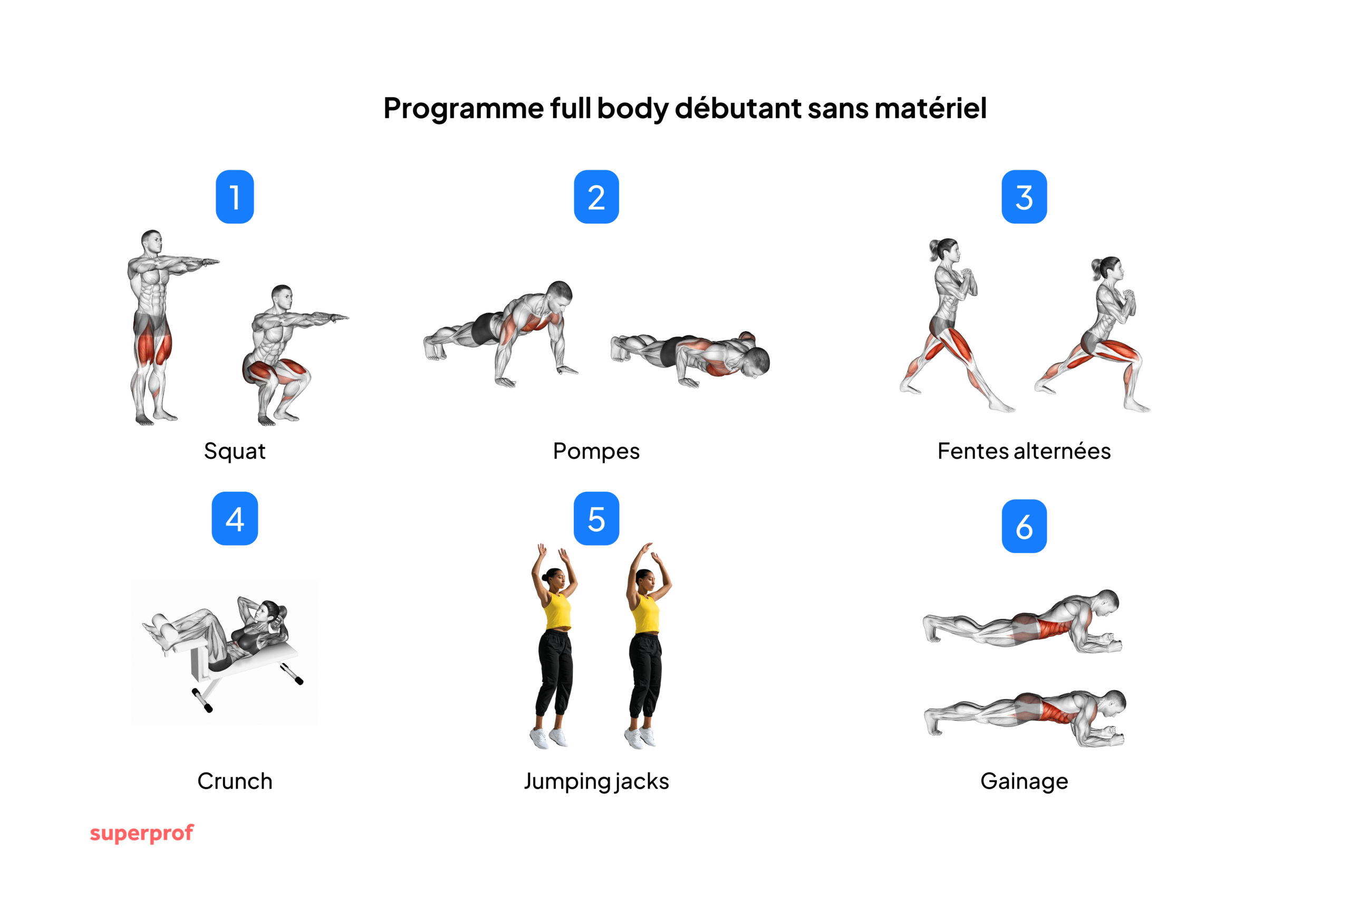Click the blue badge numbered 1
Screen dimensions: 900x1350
click(235, 197)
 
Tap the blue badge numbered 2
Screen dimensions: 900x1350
click(596, 197)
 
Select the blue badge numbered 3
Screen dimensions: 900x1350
click(1024, 197)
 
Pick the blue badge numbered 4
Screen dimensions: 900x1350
click(235, 518)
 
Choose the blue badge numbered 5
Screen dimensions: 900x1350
click(596, 518)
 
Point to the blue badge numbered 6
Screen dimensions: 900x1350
click(1024, 526)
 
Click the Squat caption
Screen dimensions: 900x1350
click(235, 451)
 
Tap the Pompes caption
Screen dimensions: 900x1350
click(596, 451)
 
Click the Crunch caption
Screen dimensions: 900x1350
click(235, 781)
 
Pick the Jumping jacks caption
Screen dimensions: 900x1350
click(596, 781)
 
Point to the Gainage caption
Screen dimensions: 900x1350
click(1024, 781)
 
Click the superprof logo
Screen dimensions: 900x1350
click(142, 833)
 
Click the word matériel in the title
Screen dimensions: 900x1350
click(930, 108)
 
